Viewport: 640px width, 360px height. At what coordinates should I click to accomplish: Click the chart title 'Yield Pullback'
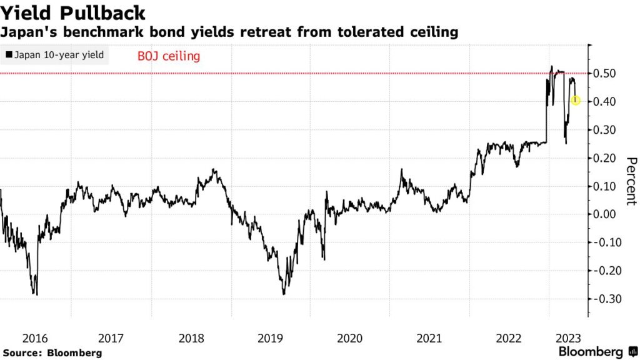74,13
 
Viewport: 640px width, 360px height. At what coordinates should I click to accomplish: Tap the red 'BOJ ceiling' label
168,56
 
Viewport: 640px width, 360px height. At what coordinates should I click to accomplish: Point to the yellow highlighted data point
576,101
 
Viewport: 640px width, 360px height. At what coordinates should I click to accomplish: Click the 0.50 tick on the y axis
607,74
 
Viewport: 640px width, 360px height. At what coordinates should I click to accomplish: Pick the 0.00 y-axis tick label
607,214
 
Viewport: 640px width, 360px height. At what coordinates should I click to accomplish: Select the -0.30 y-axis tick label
606,299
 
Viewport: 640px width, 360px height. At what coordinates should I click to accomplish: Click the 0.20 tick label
607,158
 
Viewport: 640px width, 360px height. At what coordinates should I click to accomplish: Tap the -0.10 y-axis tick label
606,242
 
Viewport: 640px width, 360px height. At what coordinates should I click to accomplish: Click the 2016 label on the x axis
35,338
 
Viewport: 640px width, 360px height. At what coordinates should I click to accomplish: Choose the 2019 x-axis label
271,338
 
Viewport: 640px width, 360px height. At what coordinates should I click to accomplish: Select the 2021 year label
429,338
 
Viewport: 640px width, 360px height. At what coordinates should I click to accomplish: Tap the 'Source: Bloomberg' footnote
52,353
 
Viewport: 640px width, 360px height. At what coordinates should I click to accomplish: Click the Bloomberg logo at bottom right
594,352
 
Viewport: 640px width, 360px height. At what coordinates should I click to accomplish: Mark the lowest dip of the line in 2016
36,294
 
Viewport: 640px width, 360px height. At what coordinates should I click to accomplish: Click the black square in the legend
8,55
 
